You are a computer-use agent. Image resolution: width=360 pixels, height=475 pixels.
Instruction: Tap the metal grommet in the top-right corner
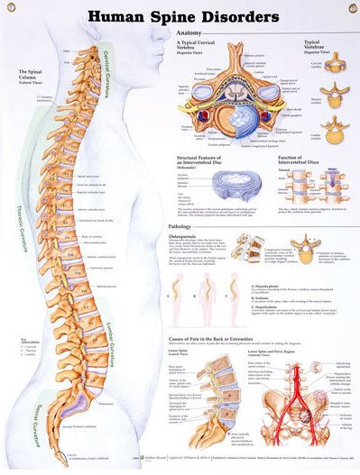351,8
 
